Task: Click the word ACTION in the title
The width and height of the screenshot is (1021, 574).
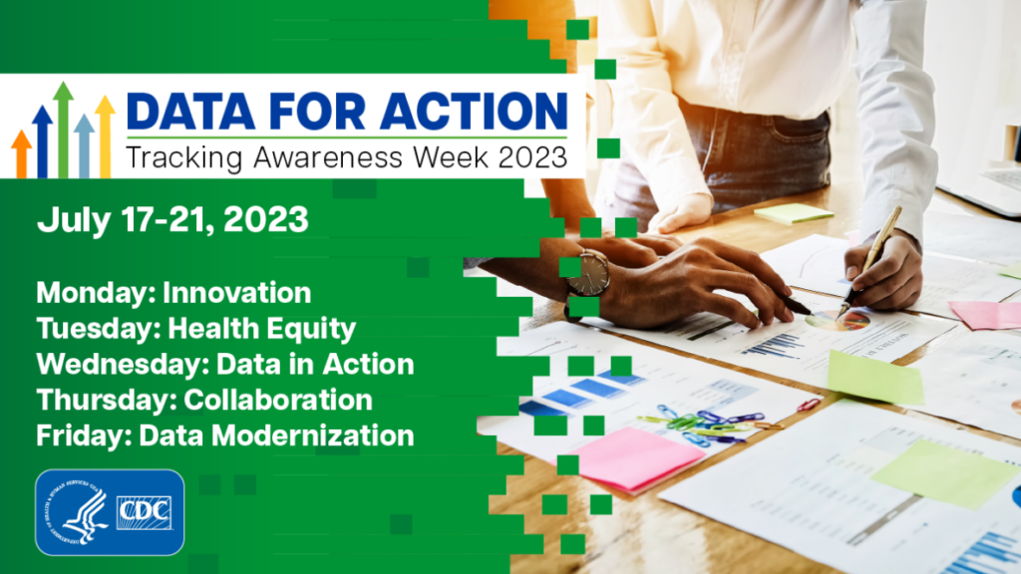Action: pos(474,111)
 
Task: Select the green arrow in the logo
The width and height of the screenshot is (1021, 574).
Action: pos(63,130)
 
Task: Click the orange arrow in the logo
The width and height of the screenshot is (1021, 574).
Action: pos(22,153)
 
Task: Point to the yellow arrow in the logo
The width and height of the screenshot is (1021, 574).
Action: pos(105,137)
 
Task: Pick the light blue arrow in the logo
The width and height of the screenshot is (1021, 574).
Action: pos(84,145)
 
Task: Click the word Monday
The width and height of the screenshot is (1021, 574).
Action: pos(96,294)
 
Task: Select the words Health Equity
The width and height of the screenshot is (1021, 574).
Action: pos(262,329)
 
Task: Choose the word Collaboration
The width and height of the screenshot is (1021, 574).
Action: pos(278,401)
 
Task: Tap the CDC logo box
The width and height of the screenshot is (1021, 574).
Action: pos(144,513)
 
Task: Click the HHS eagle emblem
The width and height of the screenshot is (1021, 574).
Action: pos(78,513)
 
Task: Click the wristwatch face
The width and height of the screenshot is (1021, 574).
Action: pos(588,273)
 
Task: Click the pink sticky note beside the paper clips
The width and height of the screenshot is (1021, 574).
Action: pos(630,458)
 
